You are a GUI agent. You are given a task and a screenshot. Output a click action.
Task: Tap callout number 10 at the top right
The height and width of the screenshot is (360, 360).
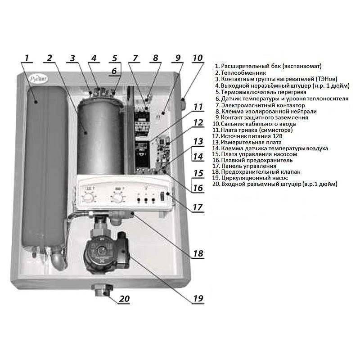198,58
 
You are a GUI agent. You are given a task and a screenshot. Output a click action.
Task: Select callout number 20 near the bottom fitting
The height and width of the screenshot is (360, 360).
124,299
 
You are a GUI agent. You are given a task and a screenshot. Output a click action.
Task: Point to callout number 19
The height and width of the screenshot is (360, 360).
198,298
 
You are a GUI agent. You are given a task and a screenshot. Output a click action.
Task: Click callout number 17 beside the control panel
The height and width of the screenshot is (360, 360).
198,207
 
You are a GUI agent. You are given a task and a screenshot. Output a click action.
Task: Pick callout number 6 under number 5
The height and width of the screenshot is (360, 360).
114,71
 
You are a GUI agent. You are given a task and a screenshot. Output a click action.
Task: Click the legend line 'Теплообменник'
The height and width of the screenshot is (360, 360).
241,73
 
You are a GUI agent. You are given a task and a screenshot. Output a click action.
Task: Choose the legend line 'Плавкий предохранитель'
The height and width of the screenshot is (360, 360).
252,160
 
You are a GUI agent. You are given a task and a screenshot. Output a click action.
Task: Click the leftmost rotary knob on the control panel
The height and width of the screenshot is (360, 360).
87,197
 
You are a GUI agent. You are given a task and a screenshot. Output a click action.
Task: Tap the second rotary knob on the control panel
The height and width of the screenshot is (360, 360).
117,197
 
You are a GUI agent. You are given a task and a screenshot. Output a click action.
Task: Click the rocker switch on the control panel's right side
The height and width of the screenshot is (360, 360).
162,197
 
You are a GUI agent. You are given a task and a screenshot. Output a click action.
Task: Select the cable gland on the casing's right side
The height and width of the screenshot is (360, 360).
183,104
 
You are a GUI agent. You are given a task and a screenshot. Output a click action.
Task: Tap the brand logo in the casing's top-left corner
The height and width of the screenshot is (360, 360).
39,78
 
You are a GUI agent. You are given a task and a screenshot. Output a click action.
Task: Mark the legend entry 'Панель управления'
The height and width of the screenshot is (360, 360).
244,166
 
